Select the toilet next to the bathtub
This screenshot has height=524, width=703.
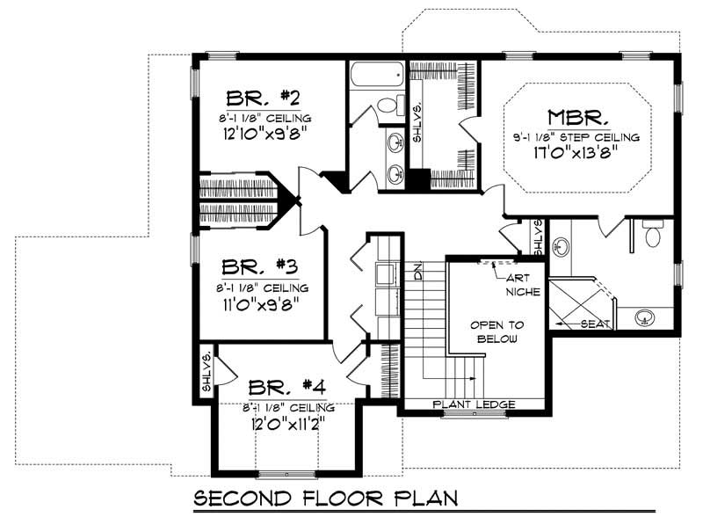click(388, 106)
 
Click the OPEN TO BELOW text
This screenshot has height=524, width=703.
click(492, 331)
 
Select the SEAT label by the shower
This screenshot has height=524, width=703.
click(598, 324)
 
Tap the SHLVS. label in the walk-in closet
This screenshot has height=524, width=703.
click(418, 124)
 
